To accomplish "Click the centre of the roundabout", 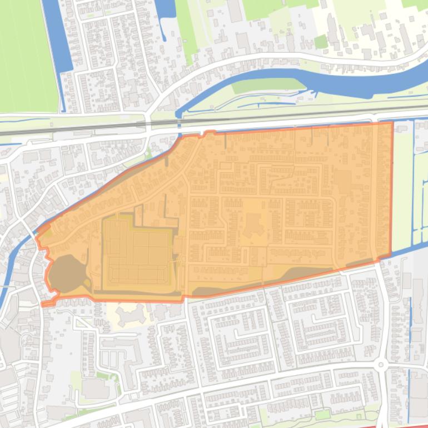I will coord(381,365).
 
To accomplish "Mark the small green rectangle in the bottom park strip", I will coord(322,415).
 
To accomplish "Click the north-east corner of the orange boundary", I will coord(392,123).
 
